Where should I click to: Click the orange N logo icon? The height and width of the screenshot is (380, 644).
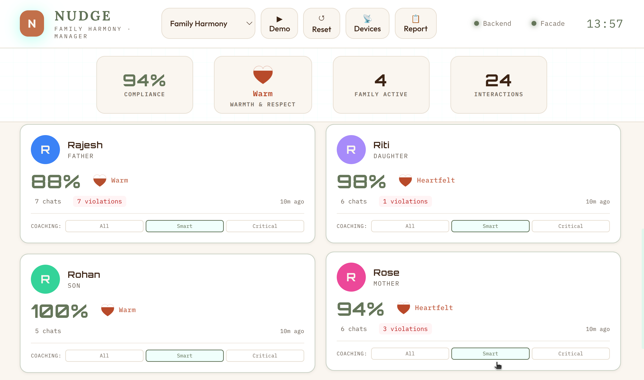point(32,23)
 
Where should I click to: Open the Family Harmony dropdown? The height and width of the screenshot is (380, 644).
point(208,23)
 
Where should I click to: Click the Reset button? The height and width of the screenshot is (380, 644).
point(322,23)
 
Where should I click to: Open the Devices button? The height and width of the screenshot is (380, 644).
point(367,23)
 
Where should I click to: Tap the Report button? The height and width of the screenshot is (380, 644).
point(415,23)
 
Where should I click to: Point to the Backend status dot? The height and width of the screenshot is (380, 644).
point(476,23)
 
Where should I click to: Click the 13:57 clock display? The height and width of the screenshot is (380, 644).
point(605,24)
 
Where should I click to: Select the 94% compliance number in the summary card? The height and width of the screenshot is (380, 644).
point(144,80)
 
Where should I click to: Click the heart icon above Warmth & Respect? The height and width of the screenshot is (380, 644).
point(263,75)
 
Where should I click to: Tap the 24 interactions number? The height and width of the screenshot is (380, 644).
point(498,80)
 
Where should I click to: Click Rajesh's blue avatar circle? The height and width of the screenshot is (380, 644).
point(45,150)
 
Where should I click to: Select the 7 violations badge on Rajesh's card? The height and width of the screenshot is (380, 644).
point(100,202)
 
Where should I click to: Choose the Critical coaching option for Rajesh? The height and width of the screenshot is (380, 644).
point(265,226)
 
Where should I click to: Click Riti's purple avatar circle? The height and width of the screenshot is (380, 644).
point(351,150)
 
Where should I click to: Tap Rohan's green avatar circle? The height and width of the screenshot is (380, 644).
point(45,279)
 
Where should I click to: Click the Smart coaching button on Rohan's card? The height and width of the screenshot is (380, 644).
point(185,356)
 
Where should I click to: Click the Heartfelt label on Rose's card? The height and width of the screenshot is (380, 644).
point(434,308)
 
